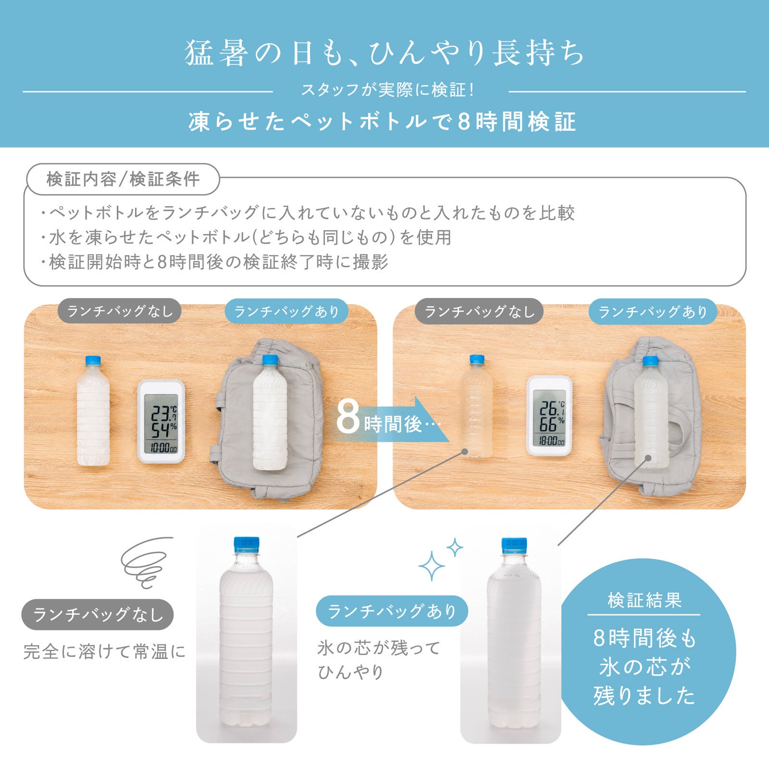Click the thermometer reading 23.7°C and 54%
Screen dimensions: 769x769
161,422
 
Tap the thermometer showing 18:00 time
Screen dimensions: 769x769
550,415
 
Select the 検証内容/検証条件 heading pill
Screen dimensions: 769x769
123,179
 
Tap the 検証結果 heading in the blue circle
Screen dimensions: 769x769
645,600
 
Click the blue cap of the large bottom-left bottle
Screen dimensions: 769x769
247,545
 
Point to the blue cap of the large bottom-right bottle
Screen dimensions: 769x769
514,546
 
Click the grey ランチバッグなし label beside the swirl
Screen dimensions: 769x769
98,614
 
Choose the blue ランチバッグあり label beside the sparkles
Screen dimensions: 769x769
392,611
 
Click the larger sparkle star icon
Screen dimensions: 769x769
431,566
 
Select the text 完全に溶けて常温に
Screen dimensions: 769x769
104,652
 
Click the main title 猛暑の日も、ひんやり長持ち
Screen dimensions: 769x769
384,53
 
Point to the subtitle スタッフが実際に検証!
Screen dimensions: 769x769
387,90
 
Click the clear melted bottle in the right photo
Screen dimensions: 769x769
477,406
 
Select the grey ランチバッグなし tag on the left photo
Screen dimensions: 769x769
120,311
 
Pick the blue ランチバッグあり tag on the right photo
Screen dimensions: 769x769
653,312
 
